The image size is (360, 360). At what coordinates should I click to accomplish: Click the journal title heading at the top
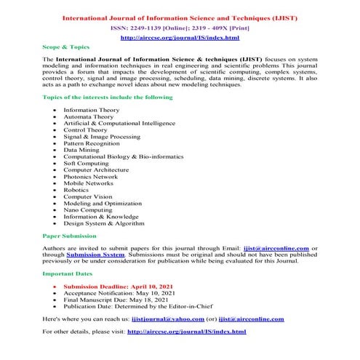point(180,16)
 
